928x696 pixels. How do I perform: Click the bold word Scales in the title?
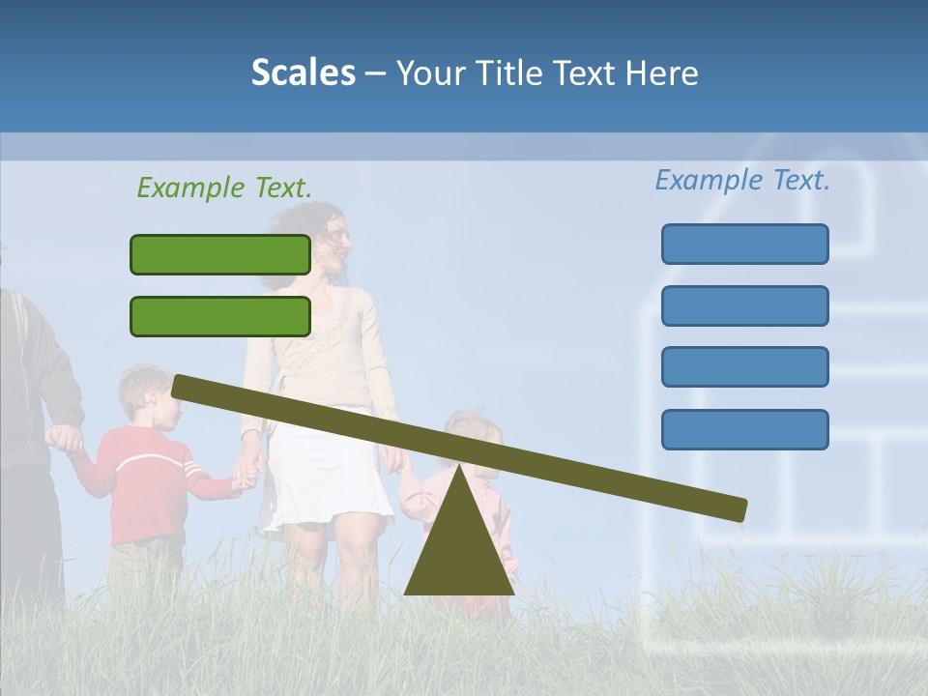click(x=303, y=72)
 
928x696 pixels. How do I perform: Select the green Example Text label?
click(x=224, y=188)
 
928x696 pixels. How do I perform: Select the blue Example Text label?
click(x=742, y=180)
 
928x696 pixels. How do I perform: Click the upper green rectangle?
click(x=220, y=254)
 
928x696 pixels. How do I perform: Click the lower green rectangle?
click(x=220, y=316)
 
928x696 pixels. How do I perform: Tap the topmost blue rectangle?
click(x=744, y=244)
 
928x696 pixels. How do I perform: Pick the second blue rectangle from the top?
click(x=744, y=305)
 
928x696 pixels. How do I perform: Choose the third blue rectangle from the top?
click(x=744, y=367)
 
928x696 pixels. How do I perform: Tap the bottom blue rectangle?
click(x=744, y=429)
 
